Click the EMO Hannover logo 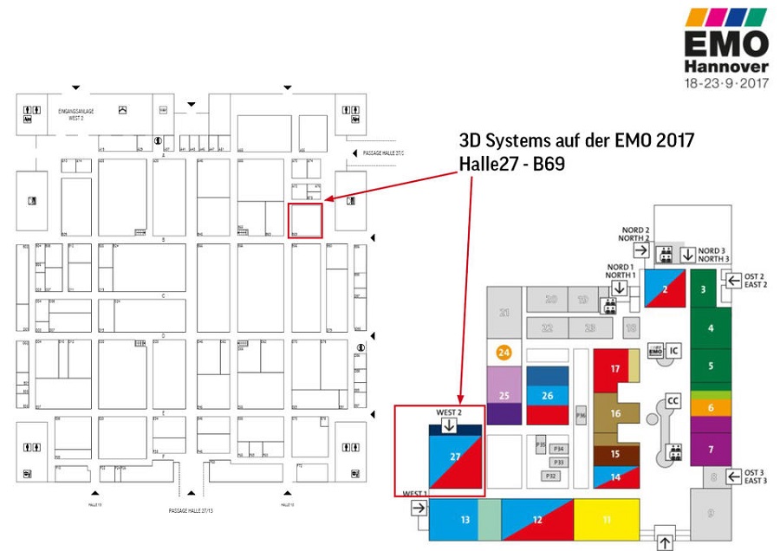(725, 49)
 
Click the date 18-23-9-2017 (725, 84)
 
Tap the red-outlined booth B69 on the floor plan (305, 220)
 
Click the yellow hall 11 (607, 519)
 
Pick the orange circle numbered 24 (504, 353)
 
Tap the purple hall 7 (711, 450)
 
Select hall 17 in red (615, 369)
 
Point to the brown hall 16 (615, 413)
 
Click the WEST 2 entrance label (448, 412)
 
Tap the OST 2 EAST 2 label (755, 280)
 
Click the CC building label (673, 400)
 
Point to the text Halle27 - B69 (511, 164)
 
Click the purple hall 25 (504, 395)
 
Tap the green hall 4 (711, 328)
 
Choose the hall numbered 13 (465, 519)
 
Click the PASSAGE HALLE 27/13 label (191, 511)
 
